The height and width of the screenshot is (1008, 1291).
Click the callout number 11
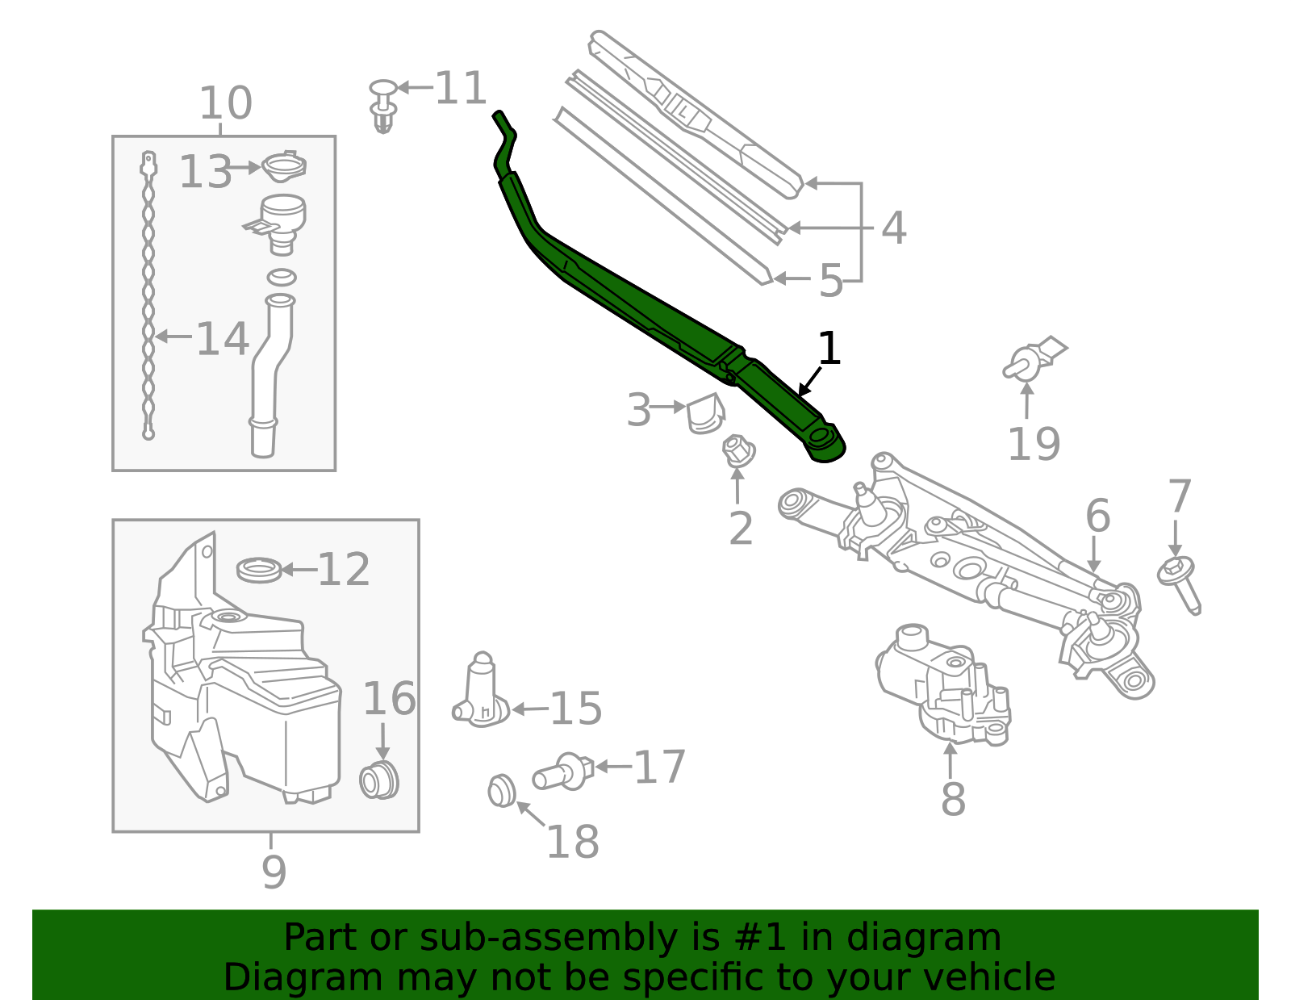tap(461, 88)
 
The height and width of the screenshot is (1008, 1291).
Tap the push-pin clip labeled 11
tap(383, 105)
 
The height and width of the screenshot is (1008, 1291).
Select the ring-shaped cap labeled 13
tap(284, 167)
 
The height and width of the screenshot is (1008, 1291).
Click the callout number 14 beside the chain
tap(222, 339)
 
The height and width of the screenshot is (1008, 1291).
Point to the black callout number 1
tap(829, 349)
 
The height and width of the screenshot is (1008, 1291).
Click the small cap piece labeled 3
tap(704, 413)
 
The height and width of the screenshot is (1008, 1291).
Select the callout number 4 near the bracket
tap(893, 228)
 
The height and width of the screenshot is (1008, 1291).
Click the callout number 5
tap(830, 281)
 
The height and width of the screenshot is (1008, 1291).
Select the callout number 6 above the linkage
tap(1097, 516)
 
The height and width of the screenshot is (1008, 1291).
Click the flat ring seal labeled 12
tap(259, 570)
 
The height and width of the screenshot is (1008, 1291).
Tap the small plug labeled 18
tap(502, 791)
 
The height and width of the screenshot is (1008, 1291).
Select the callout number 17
tap(659, 767)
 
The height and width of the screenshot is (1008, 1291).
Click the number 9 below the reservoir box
tap(274, 872)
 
